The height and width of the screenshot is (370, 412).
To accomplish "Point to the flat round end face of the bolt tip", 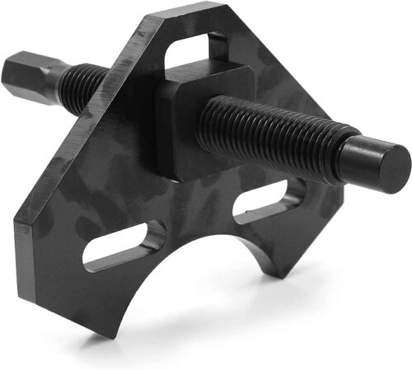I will click(394, 170).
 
